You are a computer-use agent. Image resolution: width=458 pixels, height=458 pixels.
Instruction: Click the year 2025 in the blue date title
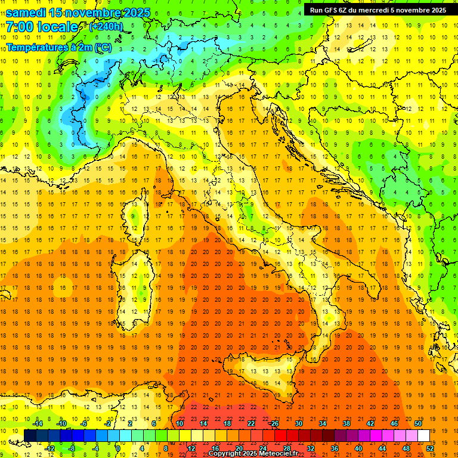(x=135, y=13)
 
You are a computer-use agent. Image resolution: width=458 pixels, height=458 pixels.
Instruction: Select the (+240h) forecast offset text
(x=107, y=27)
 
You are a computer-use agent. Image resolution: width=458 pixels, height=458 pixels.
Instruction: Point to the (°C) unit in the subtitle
(x=102, y=47)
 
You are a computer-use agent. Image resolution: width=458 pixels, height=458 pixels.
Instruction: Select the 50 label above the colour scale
(x=418, y=423)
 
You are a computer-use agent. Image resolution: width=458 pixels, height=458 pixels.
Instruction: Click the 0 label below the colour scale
(x=118, y=448)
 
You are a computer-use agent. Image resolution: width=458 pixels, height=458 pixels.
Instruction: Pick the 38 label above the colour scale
(x=346, y=423)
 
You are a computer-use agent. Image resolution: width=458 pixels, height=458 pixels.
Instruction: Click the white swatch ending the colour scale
(x=423, y=435)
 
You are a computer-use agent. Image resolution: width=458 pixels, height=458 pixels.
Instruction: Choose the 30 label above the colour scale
(x=298, y=423)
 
